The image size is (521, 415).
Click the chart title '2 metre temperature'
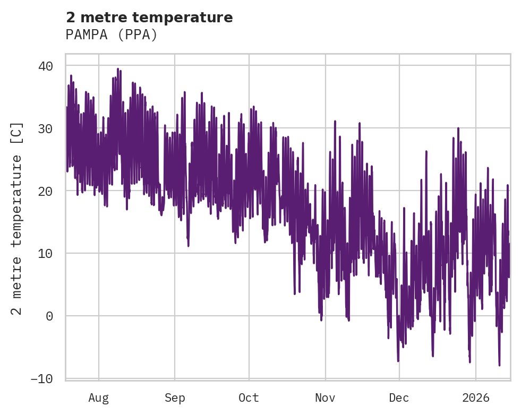coord(149,18)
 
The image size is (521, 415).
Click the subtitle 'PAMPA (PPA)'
coord(112,34)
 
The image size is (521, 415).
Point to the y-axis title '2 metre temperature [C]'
coord(17,218)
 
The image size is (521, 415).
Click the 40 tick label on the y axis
coord(46,66)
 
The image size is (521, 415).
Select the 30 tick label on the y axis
coord(46,128)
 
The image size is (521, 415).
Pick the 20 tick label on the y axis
coord(46,191)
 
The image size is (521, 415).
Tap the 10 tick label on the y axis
coord(46,253)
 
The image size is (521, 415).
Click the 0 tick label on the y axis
coord(49,316)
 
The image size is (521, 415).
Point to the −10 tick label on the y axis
coord(42,378)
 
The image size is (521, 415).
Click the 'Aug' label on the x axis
coord(99,397)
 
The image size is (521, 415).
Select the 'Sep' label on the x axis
coord(175,397)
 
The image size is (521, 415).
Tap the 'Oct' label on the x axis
coord(249,397)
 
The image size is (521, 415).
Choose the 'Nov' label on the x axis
coord(325,397)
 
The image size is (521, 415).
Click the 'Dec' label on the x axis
coord(399,397)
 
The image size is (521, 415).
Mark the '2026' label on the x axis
coord(476,397)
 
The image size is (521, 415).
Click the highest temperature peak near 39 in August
coord(118,69)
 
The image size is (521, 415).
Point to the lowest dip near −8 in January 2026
coord(499,365)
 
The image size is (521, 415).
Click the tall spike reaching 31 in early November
coord(335,122)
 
